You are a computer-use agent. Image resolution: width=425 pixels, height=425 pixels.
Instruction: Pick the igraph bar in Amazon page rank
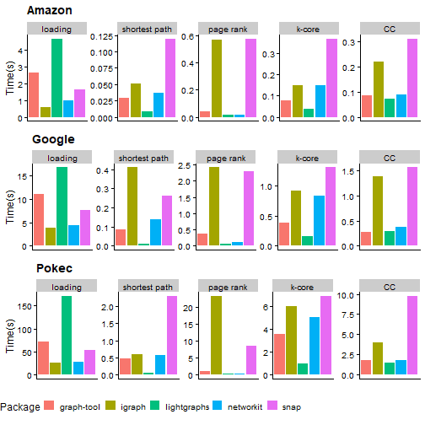coord(217,78)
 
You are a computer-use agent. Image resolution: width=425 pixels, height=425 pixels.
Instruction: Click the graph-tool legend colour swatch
coord(50,407)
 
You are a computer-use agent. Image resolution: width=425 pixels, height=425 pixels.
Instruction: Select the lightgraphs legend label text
coord(176,407)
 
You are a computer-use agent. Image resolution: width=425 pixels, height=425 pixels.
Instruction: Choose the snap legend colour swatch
coord(272,407)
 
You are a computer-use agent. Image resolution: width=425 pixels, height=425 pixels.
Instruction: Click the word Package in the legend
coord(20,407)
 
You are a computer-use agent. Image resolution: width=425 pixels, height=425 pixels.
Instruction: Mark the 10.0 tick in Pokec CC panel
coord(345,295)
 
